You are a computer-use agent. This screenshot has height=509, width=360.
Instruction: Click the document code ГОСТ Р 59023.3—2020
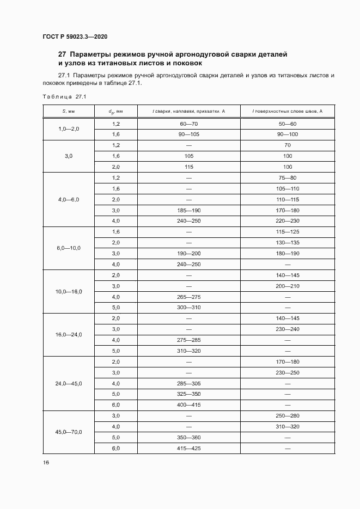(75, 36)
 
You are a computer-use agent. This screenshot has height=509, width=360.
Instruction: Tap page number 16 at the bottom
(46, 462)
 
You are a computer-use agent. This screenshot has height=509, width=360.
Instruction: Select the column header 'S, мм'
(68, 111)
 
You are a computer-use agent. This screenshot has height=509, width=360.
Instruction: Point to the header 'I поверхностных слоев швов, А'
(288, 111)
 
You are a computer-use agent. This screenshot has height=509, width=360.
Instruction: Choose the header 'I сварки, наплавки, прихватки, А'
(189, 111)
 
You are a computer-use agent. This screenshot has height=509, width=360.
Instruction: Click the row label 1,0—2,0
(68, 128)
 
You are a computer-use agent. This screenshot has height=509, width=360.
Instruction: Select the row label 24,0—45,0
(68, 384)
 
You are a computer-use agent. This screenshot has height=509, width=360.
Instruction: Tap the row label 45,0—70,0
(68, 432)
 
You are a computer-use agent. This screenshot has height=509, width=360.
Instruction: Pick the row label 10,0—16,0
(68, 292)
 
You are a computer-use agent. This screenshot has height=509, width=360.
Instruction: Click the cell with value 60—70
(189, 124)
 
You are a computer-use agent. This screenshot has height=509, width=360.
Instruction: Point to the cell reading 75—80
(288, 177)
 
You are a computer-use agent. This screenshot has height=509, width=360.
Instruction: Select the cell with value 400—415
(189, 405)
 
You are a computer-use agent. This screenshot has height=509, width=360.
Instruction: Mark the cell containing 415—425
(189, 449)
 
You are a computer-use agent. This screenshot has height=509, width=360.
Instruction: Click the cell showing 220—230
(288, 221)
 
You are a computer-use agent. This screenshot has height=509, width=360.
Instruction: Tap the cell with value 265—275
(189, 297)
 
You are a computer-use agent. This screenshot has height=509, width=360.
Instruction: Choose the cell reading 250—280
(288, 416)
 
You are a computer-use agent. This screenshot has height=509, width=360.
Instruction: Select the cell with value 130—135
(288, 242)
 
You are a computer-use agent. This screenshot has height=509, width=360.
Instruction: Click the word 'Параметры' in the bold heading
(91, 54)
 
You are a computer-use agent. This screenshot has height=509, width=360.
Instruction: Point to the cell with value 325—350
(189, 394)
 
